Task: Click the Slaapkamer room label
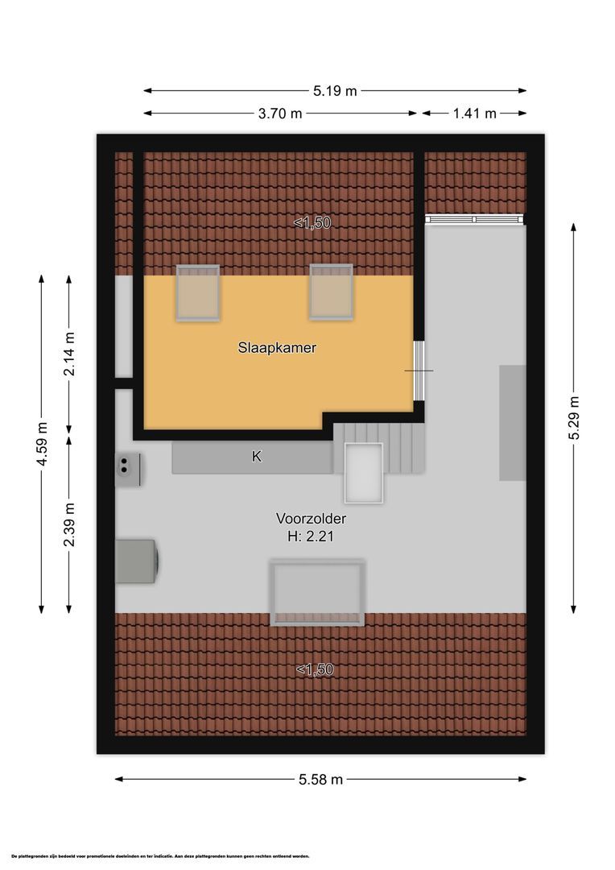coord(276,349)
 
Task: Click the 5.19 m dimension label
coord(335,91)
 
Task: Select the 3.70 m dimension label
coord(280,114)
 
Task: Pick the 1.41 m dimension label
coord(474,114)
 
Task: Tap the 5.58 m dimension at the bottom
coord(320,779)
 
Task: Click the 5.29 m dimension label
coord(573,417)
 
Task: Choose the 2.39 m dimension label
coord(69,524)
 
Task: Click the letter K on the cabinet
coord(257,457)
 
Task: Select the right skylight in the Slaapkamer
coord(330,292)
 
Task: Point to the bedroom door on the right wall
coord(419,371)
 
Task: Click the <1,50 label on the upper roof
coord(312,223)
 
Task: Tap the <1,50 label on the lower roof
coord(314,669)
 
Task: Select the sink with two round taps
coord(129,470)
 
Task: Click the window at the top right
coord(474,219)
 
